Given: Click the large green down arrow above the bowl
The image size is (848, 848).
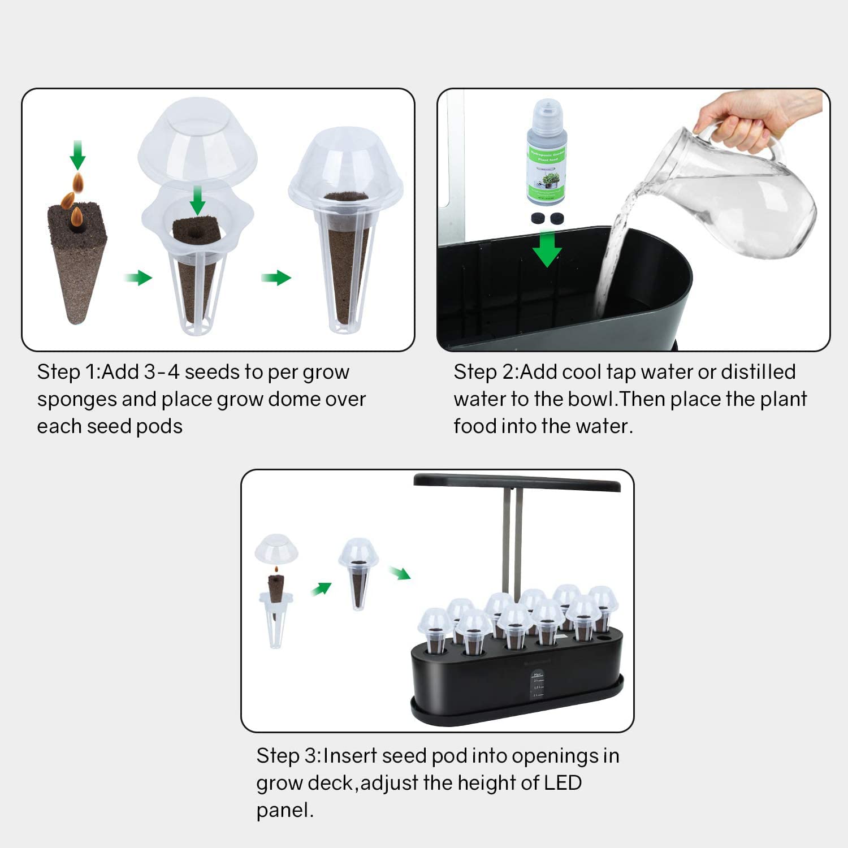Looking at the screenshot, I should [x=547, y=249].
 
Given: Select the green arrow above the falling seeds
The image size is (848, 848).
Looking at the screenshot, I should [x=77, y=154].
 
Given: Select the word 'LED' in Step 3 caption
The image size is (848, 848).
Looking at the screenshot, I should [x=562, y=783].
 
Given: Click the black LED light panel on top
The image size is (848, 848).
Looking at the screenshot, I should [x=517, y=482].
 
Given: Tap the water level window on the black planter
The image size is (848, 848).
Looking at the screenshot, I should [x=537, y=685].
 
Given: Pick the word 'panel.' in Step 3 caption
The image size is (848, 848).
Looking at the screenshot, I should [x=284, y=810].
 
